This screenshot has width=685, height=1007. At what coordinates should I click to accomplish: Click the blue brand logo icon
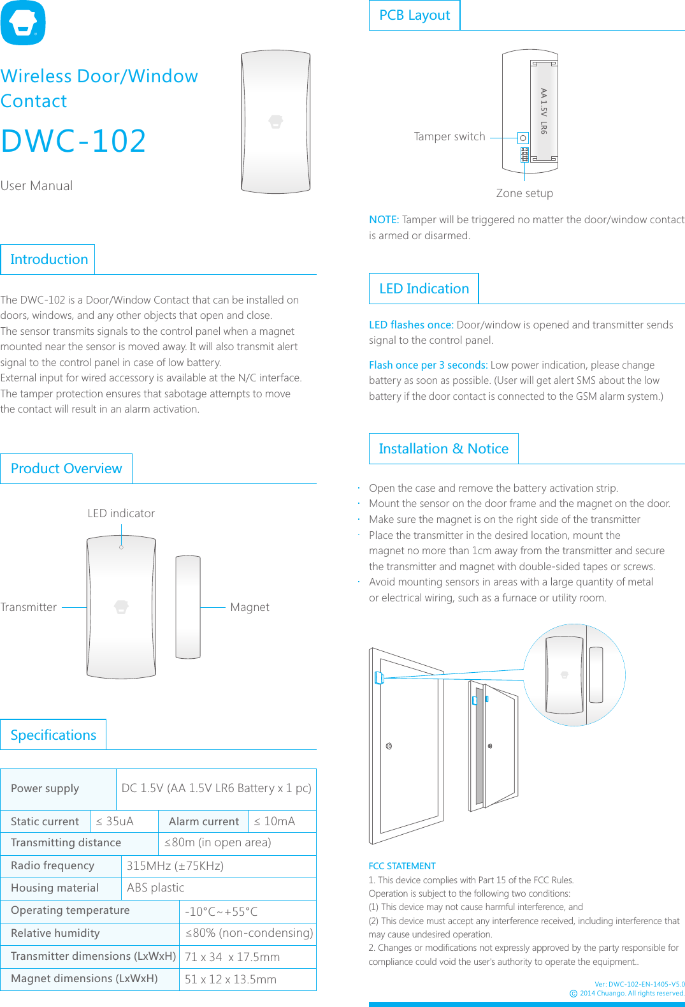click(x=23, y=23)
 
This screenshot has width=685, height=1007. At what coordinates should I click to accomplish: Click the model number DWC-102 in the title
click(x=73, y=141)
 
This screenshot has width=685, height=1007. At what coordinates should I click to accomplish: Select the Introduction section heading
click(x=48, y=260)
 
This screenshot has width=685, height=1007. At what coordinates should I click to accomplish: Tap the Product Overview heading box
click(x=66, y=469)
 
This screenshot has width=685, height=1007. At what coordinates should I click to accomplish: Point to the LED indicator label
click(x=121, y=513)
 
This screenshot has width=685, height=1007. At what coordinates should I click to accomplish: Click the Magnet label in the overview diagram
click(x=249, y=607)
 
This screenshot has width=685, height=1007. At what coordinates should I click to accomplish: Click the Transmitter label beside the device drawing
click(x=29, y=607)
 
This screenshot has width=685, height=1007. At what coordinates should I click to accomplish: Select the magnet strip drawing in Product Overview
click(x=188, y=607)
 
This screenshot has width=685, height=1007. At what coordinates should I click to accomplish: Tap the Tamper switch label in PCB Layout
click(x=449, y=136)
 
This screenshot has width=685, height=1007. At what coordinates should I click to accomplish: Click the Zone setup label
click(x=524, y=193)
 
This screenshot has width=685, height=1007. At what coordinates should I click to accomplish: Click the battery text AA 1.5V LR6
click(x=544, y=111)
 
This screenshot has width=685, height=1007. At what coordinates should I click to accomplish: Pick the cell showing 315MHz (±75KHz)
click(x=175, y=866)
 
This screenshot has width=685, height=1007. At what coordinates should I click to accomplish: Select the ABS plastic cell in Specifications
click(x=155, y=888)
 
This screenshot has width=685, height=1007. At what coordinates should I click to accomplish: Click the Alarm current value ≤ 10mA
click(x=275, y=821)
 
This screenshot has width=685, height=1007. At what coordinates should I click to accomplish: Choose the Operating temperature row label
click(x=70, y=911)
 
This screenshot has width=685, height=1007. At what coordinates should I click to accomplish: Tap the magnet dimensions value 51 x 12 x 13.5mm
click(x=231, y=980)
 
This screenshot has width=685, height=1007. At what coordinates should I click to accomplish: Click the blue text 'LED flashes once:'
click(x=411, y=325)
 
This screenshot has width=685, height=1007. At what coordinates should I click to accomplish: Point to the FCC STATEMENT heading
click(x=402, y=866)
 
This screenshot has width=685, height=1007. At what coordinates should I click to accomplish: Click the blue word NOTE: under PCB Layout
click(x=384, y=219)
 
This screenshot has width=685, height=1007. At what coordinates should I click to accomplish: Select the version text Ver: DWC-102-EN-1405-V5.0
click(x=639, y=984)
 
